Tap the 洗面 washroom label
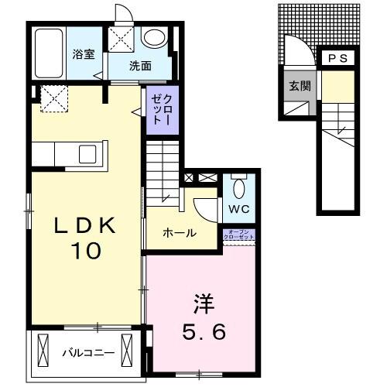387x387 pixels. (x=140, y=67)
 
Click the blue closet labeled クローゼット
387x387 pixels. (x=157, y=109)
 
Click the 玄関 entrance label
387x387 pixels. (x=300, y=86)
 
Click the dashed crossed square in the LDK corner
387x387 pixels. (x=53, y=99)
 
